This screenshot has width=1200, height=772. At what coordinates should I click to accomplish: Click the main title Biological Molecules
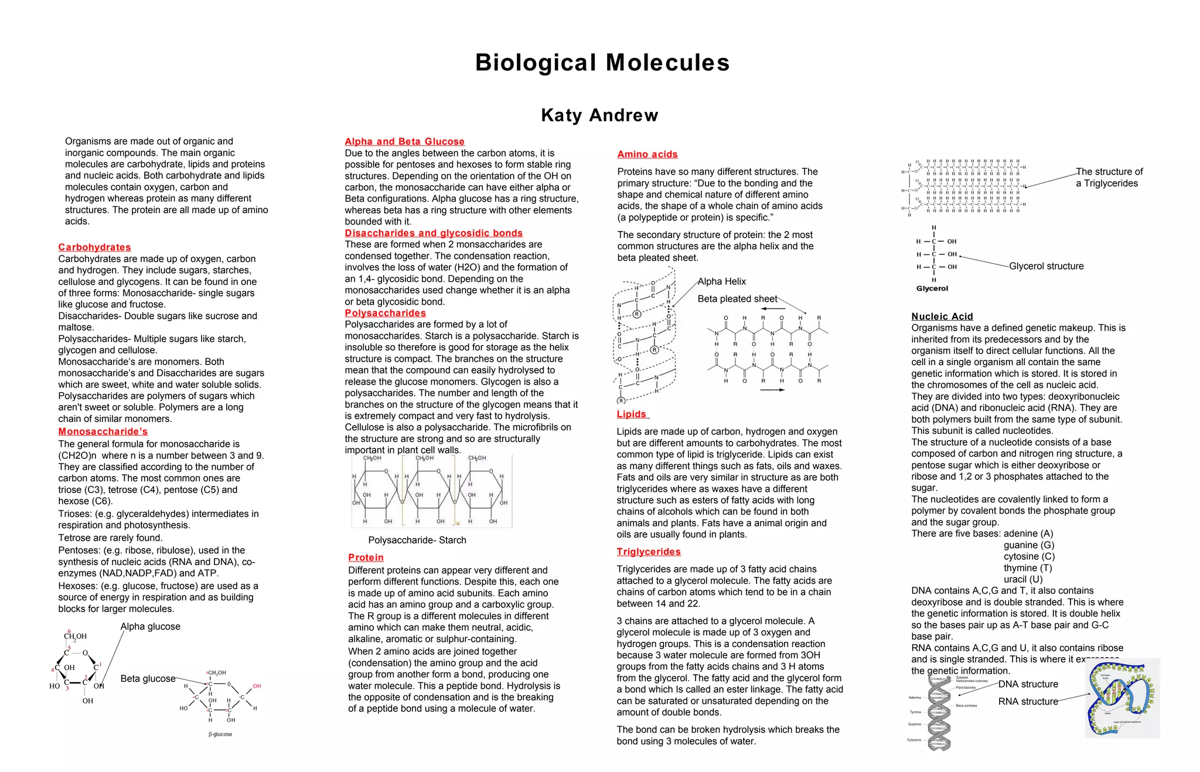coord(602,63)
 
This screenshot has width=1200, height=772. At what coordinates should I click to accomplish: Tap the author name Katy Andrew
coord(599,115)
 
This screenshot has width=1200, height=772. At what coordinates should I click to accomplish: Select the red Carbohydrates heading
coord(94,247)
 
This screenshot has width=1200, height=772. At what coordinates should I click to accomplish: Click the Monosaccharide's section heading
coord(103,431)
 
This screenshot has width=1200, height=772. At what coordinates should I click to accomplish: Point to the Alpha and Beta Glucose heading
coord(404,141)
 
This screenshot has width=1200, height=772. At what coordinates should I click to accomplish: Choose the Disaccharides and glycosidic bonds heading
coord(434,233)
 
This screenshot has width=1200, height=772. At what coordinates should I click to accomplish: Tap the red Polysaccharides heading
coord(385,313)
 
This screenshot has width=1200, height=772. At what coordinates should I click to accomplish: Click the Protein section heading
coord(366,557)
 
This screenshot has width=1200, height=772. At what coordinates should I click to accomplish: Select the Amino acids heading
coord(647,154)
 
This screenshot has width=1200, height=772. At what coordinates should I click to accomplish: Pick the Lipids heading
coord(632,414)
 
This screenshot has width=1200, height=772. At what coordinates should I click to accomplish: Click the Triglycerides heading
coord(648,552)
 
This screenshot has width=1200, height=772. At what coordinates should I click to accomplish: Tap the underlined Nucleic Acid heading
coord(942,317)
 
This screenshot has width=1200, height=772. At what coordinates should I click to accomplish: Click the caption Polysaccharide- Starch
coord(417,540)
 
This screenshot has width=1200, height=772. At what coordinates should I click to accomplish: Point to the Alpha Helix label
coord(721,281)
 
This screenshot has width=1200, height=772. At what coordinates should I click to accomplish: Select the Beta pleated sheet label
coord(737,299)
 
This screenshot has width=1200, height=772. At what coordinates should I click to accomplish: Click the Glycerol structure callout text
coord(1046,266)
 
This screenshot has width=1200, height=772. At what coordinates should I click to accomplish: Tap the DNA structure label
coord(1028,684)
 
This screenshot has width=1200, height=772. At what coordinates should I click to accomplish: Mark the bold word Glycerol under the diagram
coord(932,288)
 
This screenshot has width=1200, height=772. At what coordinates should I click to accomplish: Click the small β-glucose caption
coord(220,734)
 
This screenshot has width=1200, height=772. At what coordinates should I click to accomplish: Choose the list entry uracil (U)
coord(1023,579)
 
